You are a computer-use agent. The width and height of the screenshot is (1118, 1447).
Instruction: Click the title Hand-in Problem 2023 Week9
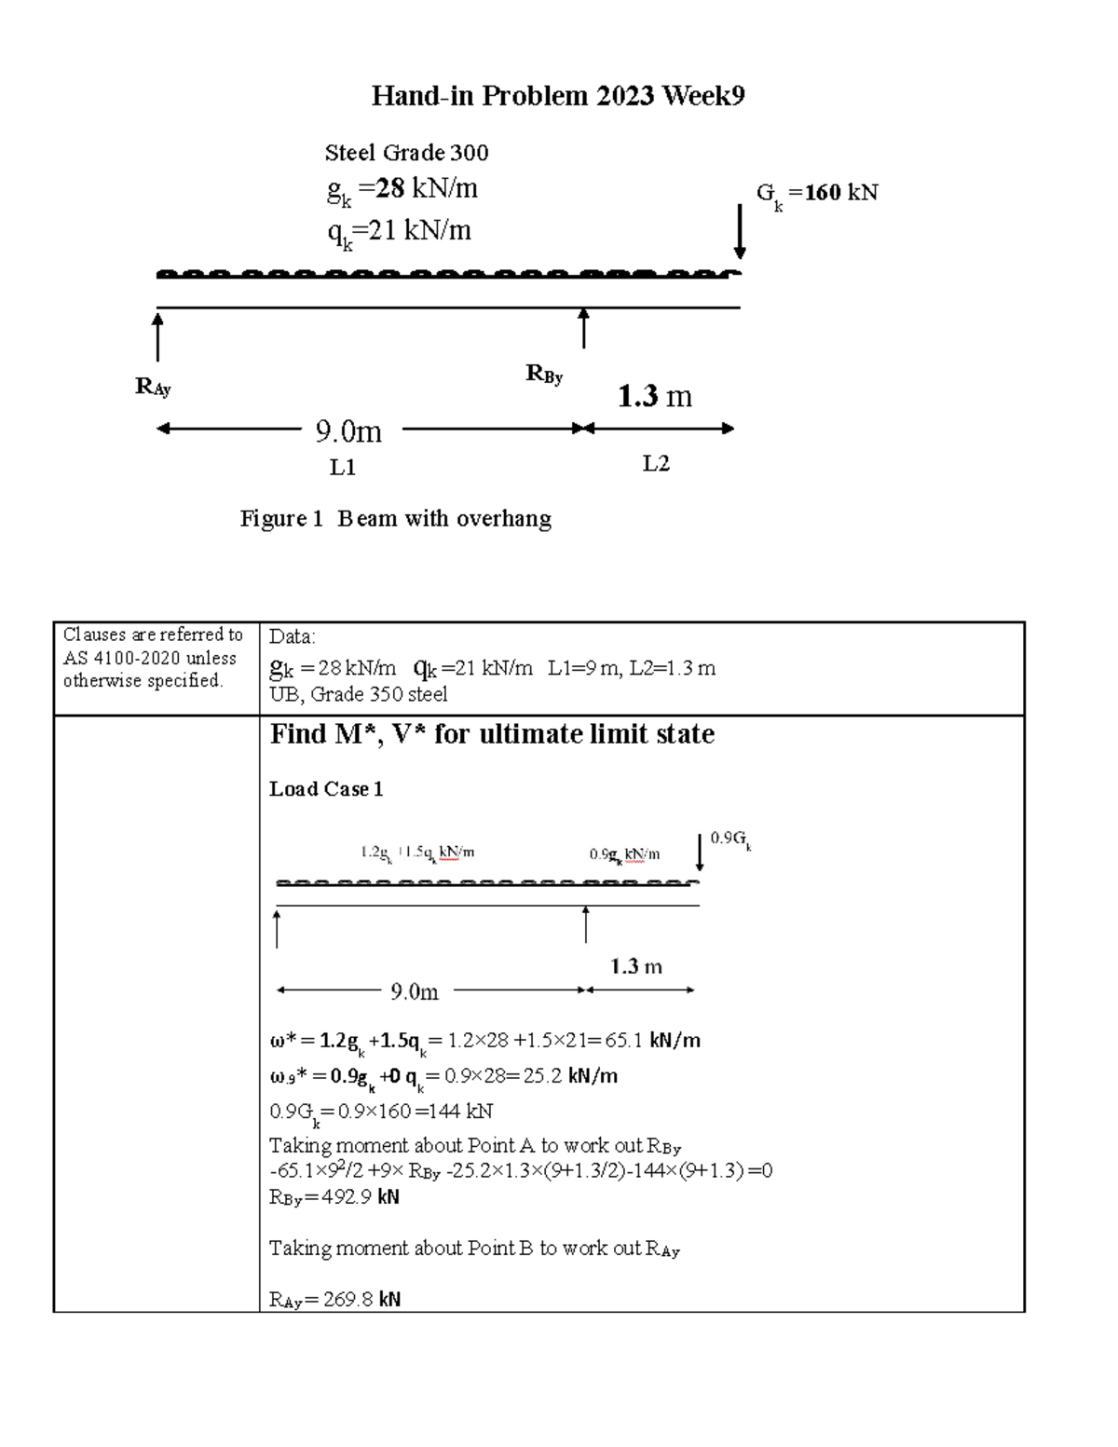(558, 96)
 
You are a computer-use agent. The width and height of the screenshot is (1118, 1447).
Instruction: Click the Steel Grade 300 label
(406, 153)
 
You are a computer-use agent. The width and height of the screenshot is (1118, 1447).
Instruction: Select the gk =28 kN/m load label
(402, 190)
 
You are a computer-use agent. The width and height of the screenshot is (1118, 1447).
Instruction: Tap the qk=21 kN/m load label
(399, 230)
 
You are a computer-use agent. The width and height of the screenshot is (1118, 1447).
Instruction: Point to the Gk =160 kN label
(816, 194)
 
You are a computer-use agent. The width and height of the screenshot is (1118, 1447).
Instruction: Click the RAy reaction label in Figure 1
(153, 387)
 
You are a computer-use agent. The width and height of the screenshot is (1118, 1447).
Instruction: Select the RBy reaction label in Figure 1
(544, 375)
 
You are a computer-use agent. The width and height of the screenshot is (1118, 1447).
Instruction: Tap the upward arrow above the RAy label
(157, 336)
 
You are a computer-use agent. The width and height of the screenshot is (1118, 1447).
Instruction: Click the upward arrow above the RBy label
(583, 329)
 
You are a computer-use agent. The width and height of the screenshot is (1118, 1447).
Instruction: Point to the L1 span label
(343, 468)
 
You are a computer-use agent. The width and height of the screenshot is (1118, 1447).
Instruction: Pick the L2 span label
(656, 464)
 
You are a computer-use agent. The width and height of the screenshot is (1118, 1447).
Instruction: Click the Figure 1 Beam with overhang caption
(395, 519)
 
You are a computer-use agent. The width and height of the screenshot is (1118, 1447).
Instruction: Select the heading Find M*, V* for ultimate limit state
(492, 735)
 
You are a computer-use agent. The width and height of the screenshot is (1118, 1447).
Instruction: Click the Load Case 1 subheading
(326, 789)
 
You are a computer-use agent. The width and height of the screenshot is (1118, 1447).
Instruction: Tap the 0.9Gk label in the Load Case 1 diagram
(730, 839)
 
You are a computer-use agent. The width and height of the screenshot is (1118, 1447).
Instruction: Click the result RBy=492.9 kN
(334, 1197)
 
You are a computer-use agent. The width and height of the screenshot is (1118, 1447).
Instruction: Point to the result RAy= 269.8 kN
(334, 1300)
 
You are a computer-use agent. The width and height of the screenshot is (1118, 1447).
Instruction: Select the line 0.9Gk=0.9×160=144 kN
(381, 1112)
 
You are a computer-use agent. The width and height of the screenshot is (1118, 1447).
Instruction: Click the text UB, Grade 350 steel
(358, 694)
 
